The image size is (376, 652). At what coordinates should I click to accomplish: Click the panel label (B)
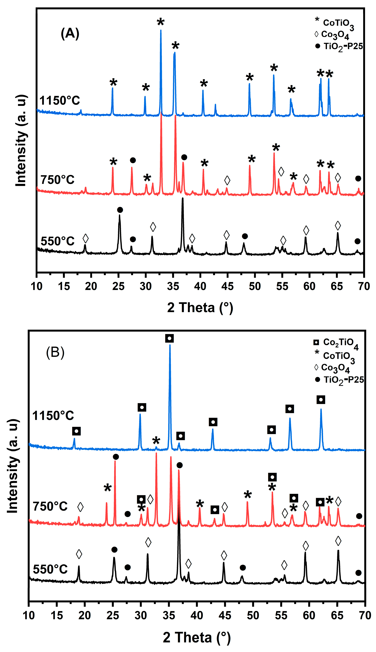[x=55, y=352]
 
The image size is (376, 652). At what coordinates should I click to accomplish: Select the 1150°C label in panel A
[x=60, y=101]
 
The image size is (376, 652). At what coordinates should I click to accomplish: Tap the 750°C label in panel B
[x=50, y=506]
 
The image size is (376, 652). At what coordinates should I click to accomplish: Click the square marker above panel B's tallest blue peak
[x=169, y=338]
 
